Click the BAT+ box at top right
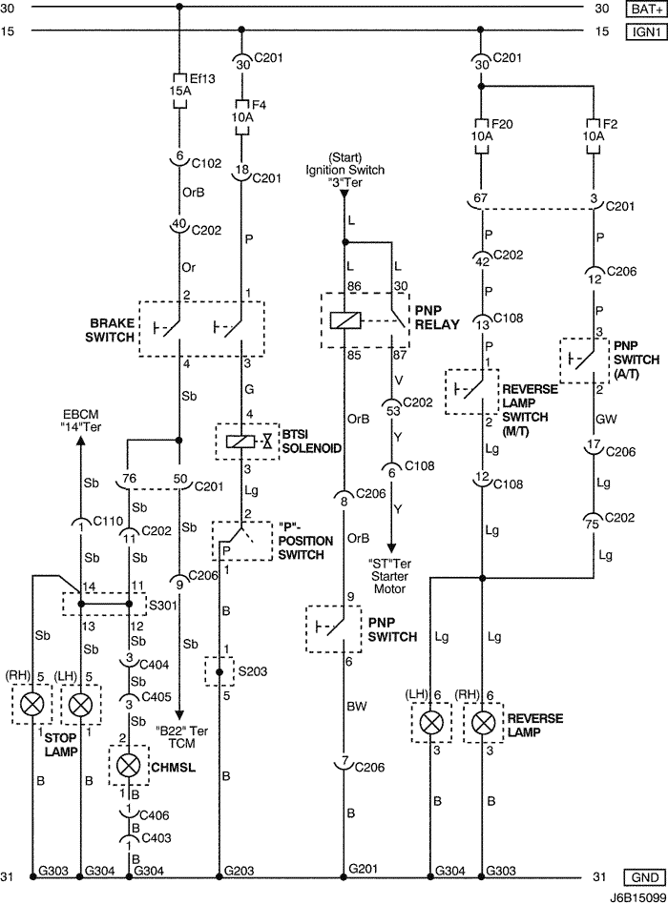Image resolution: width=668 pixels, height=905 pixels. (x=642, y=9)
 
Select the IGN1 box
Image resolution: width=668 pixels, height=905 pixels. (x=642, y=31)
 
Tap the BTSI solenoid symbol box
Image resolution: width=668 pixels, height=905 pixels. (x=248, y=442)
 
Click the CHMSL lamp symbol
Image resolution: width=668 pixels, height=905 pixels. (x=129, y=765)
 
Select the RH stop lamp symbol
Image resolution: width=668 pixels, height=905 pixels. (x=34, y=707)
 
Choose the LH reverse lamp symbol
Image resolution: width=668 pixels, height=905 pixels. (x=433, y=724)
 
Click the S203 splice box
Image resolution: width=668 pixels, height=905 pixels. (x=219, y=671)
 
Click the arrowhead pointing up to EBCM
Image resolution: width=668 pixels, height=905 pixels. (x=80, y=445)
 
